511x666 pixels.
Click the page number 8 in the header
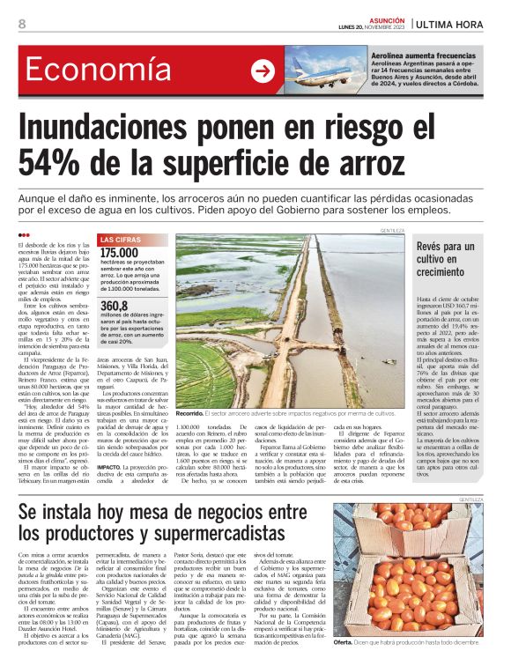click(21, 24)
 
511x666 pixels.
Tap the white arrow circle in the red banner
click(263, 71)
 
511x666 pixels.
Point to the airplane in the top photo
click(312, 70)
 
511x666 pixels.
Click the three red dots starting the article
click(24, 234)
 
